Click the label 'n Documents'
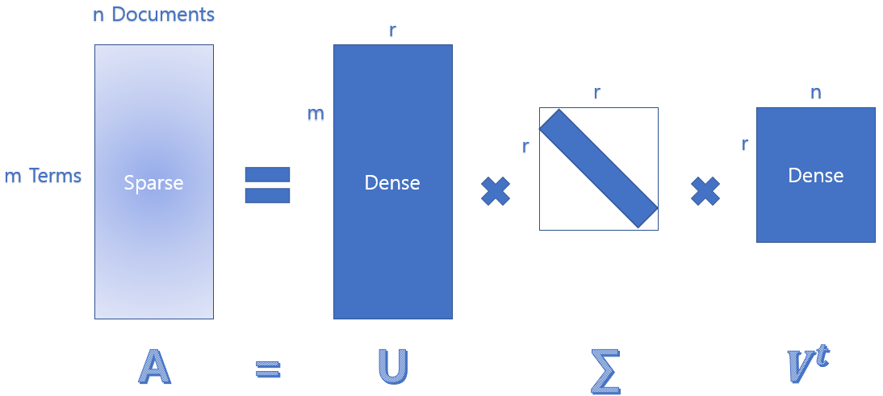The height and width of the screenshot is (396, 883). click(153, 15)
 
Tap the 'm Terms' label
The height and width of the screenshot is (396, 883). click(43, 176)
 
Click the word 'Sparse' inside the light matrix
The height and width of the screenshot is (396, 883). click(153, 183)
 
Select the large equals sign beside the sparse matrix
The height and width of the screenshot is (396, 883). click(267, 185)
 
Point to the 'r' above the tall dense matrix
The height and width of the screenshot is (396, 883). click(392, 31)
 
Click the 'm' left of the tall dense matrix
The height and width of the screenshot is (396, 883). click(316, 114)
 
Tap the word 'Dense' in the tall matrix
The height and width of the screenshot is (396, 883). click(392, 183)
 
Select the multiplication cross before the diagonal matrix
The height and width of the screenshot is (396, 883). click(496, 191)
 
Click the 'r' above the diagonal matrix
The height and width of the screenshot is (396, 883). click(597, 93)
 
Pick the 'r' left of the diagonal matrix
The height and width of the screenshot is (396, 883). click(525, 146)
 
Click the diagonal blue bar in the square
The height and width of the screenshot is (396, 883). click(599, 168)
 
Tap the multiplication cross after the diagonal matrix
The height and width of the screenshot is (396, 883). click(705, 191)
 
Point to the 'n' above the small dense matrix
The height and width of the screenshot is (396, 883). click(815, 93)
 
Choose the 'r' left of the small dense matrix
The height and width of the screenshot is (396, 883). click(744, 144)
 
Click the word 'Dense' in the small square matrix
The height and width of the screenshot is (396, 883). click(815, 175)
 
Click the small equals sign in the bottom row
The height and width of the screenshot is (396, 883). click(267, 369)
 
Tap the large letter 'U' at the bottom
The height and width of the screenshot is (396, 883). click(392, 368)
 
